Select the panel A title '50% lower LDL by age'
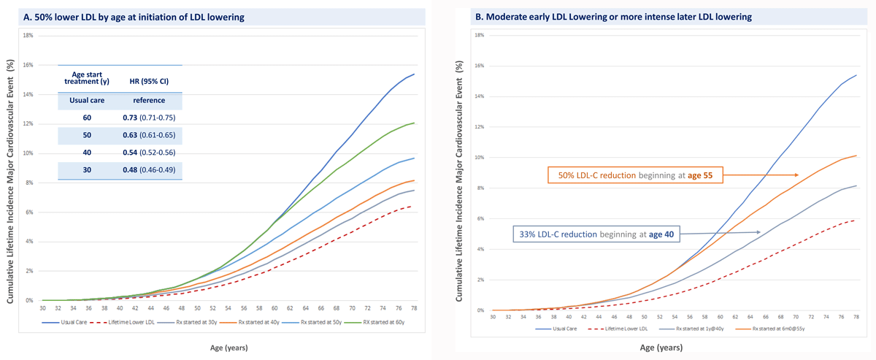click(x=139, y=16)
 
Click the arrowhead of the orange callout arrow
click(x=797, y=175)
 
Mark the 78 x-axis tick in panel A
click(x=415, y=308)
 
